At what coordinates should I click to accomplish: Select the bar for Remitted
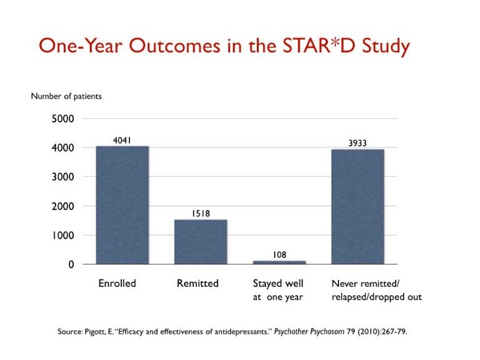point(200,241)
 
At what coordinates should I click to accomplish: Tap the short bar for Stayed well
point(280,262)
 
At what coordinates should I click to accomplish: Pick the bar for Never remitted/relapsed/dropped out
point(358,207)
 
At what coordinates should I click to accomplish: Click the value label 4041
point(123,139)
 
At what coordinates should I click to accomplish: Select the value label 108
point(280,253)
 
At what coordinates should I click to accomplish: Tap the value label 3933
point(358,142)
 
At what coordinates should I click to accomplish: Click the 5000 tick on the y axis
point(63,119)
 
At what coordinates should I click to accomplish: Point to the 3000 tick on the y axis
point(63,177)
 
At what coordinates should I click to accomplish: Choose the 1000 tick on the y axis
point(63,236)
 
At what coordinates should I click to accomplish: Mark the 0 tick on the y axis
point(71,265)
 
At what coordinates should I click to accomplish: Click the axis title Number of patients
point(67,96)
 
